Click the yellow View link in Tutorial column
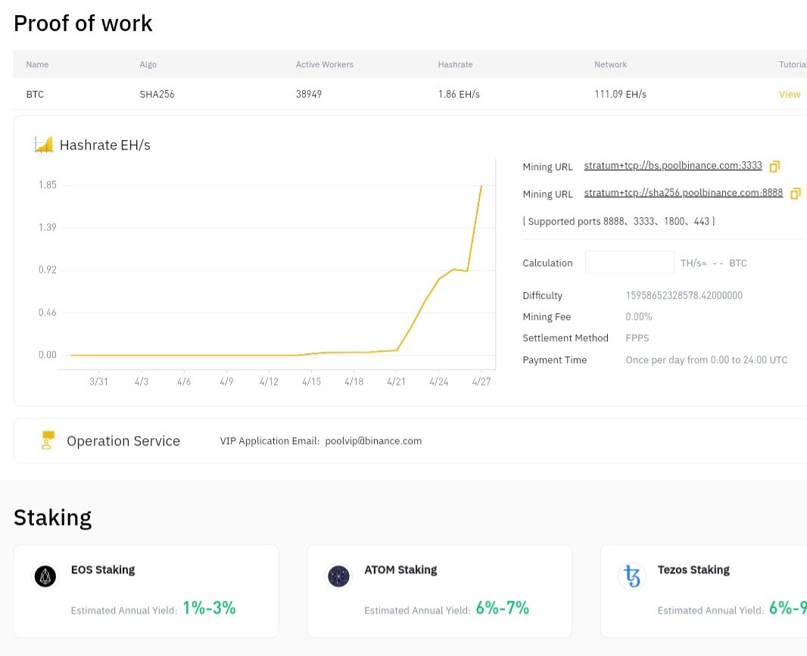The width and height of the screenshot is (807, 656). [789, 95]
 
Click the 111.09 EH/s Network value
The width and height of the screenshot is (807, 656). [620, 95]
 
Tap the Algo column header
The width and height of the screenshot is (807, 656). [148, 64]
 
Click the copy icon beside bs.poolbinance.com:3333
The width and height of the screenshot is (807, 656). [774, 166]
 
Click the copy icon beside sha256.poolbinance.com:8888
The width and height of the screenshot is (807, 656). [795, 194]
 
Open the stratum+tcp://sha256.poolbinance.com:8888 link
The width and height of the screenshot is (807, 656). [683, 193]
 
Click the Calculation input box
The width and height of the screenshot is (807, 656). [629, 263]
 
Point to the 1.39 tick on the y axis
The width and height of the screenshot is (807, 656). [48, 228]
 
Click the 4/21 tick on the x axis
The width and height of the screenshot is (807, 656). [397, 381]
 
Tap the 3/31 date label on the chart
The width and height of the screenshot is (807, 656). [98, 381]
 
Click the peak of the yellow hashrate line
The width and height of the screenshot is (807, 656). [481, 185]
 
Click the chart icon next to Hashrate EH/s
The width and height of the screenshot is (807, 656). [43, 145]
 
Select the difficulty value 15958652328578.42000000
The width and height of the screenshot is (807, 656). [684, 296]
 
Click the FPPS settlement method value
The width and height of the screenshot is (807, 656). [637, 338]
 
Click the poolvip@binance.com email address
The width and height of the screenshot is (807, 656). [373, 441]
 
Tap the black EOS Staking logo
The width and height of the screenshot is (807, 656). [45, 577]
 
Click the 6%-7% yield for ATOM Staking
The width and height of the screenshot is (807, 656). [502, 608]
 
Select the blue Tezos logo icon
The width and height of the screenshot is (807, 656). [632, 577]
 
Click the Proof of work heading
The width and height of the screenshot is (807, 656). [83, 23]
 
